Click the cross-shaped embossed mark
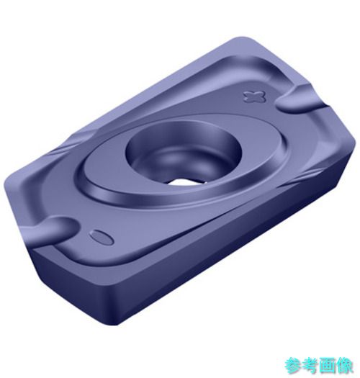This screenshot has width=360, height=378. coord(255,96)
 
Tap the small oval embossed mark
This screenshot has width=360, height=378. coord(102,237)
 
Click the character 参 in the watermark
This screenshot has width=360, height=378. coord(293,366)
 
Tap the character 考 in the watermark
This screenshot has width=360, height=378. coord(310,366)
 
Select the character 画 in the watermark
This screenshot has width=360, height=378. coord(328,366)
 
